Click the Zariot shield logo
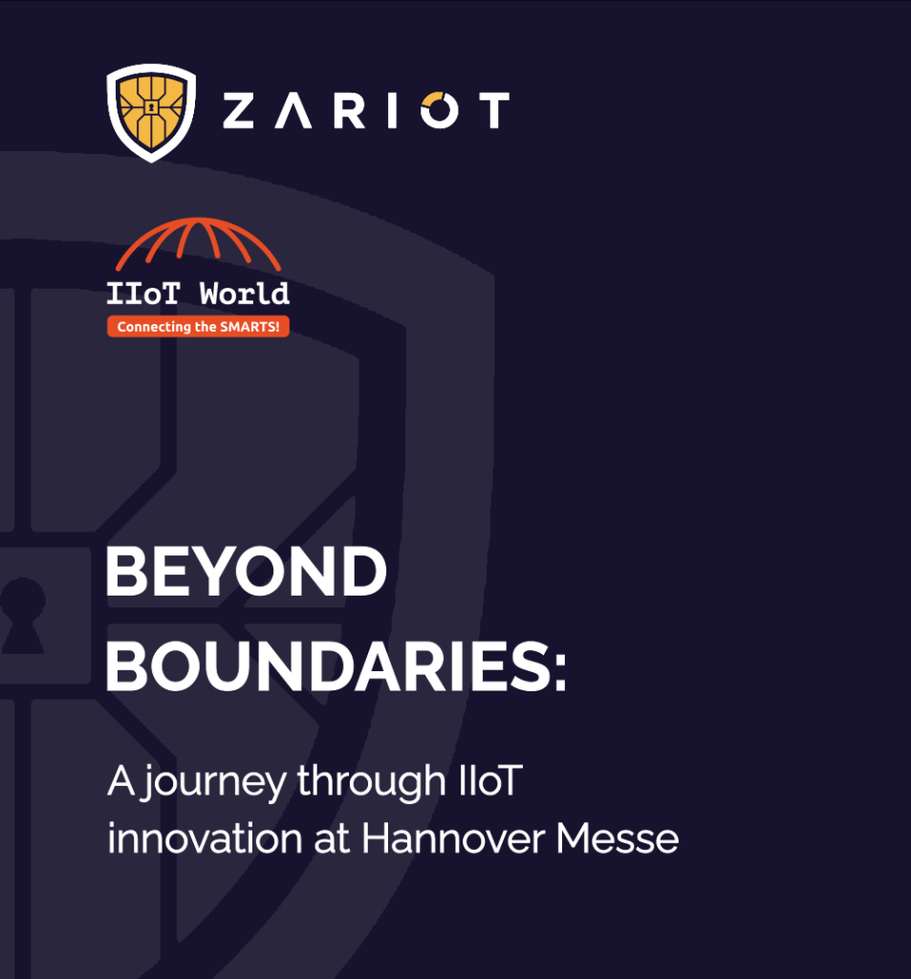pos(151,113)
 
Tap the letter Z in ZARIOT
pos(238,111)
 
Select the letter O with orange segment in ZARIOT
pos(440,110)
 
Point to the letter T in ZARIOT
pos(494,111)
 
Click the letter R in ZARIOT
pos(348,111)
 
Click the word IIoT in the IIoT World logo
pos(143,294)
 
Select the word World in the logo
pos(244,294)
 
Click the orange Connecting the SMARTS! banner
pos(198,327)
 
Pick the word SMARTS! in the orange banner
pos(249,327)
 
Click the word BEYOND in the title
pos(246,572)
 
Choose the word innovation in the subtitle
pos(205,838)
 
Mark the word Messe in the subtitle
pos(618,838)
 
